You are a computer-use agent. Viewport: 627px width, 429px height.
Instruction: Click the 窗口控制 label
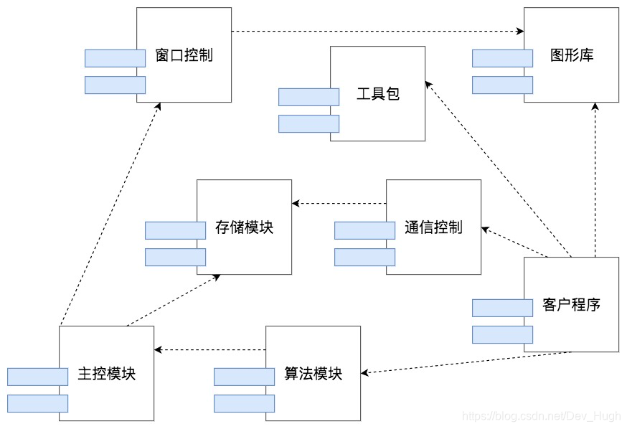point(184,55)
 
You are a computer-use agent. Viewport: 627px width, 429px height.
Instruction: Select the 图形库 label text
point(571,55)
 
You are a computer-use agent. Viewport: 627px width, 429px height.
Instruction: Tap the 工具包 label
point(377,94)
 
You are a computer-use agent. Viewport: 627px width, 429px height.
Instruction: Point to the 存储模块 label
point(244,227)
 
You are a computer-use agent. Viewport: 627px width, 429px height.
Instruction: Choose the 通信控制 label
point(433,227)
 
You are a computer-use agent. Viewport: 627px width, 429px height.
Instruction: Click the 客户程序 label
point(571,304)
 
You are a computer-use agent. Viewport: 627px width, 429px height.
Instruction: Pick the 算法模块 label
point(313,374)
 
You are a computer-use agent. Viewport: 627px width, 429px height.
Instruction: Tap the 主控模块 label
point(106,374)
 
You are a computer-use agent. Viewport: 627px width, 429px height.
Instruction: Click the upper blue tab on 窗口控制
point(115,58)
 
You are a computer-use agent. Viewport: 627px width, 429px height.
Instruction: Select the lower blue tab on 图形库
point(502,85)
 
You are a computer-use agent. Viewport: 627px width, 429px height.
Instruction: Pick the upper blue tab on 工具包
point(308,97)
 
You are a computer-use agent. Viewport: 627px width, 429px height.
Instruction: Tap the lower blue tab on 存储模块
point(175,257)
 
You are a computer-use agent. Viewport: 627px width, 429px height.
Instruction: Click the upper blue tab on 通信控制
point(364,230)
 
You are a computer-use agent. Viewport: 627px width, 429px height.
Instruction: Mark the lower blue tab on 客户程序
point(502,334)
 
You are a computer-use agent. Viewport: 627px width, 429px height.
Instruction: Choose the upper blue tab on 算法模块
point(244,377)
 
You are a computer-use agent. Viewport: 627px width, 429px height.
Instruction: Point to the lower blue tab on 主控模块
point(37,403)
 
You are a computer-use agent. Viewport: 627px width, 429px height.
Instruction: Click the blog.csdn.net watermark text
point(542,416)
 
